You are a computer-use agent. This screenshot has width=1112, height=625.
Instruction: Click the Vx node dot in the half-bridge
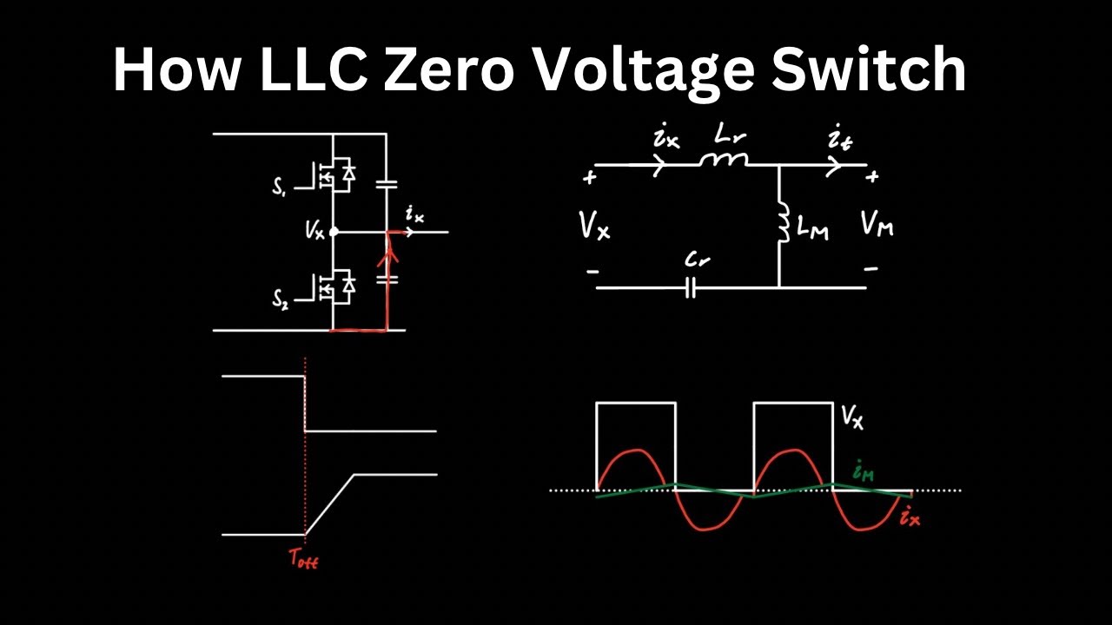(x=333, y=232)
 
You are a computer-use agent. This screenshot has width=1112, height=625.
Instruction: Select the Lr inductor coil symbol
(x=725, y=161)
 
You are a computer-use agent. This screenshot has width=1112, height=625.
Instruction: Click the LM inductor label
(x=812, y=231)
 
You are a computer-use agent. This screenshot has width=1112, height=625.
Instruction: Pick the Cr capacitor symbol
(x=691, y=287)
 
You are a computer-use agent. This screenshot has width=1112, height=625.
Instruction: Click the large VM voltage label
(x=877, y=226)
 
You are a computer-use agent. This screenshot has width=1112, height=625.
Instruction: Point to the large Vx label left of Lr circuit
(x=594, y=227)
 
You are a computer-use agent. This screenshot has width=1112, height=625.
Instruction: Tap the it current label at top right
(x=839, y=139)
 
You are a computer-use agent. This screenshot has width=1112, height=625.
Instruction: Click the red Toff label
(x=304, y=560)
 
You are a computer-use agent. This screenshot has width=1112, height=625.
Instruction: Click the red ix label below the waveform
(x=909, y=519)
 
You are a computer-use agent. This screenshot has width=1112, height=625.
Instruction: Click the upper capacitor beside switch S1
(x=387, y=183)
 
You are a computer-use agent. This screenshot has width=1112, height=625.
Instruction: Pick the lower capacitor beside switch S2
(x=387, y=280)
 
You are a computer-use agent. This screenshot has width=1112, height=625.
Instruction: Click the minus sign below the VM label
(x=870, y=269)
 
